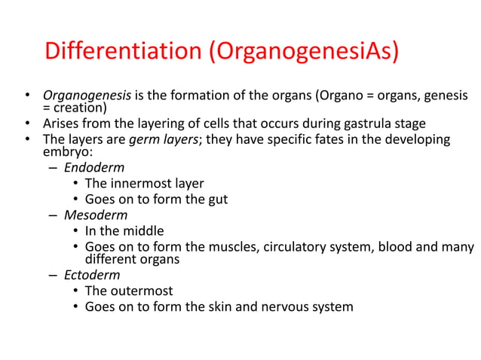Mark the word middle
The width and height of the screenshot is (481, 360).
(143, 230)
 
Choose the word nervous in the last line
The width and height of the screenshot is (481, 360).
(283, 307)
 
